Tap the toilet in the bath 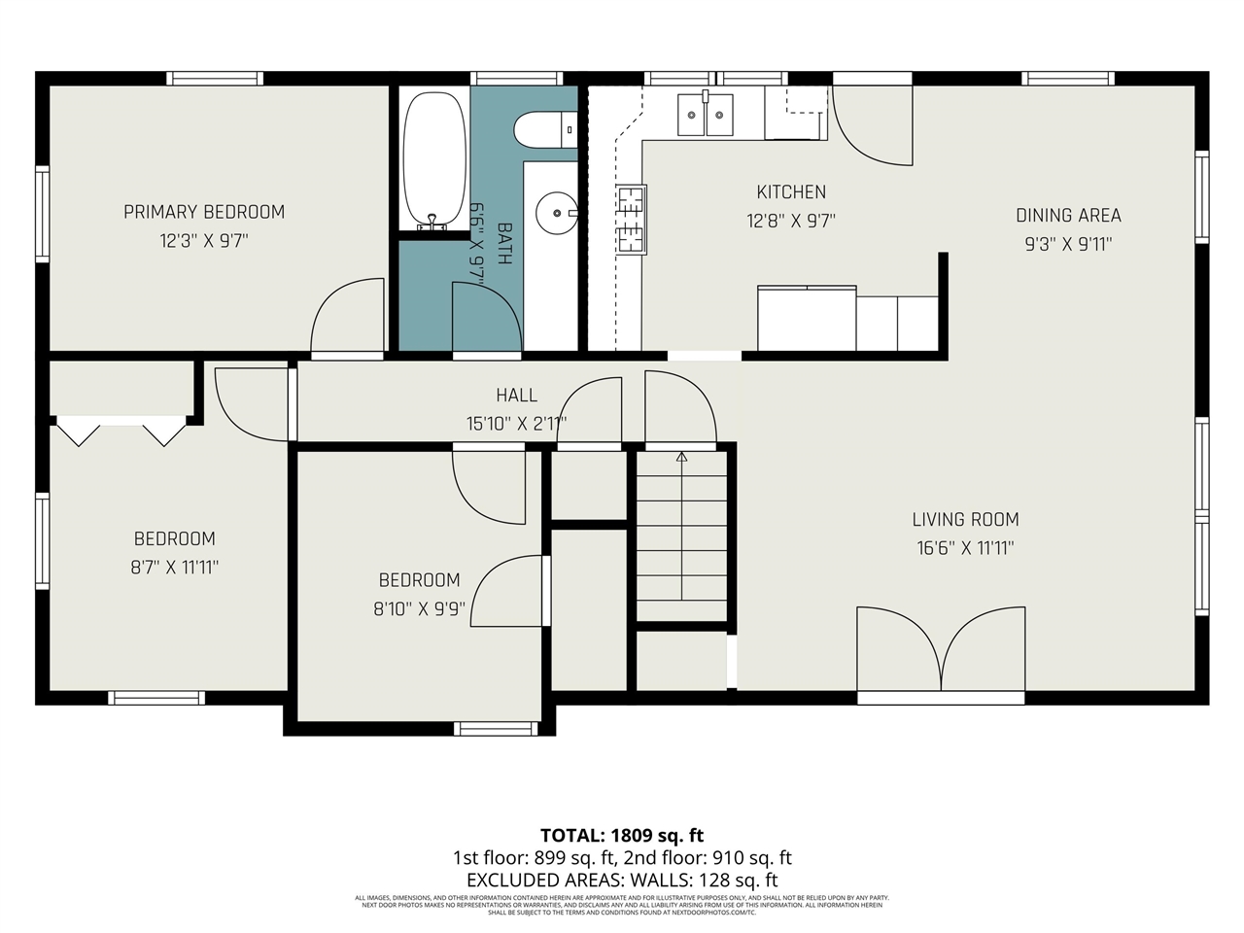[545, 130]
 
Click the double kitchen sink [705, 116]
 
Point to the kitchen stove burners [631, 220]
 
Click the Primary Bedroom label [204, 212]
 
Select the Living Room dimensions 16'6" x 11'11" [965, 548]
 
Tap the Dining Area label [1068, 216]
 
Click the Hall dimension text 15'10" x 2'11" [516, 423]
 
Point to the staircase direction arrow [681, 456]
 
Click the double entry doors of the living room [940, 649]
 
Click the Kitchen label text [791, 192]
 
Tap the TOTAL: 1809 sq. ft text [622, 835]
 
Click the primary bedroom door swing [348, 317]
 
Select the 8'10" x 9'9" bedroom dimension [419, 609]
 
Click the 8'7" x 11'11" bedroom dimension [175, 567]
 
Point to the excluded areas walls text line [622, 881]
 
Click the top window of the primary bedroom [214, 79]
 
